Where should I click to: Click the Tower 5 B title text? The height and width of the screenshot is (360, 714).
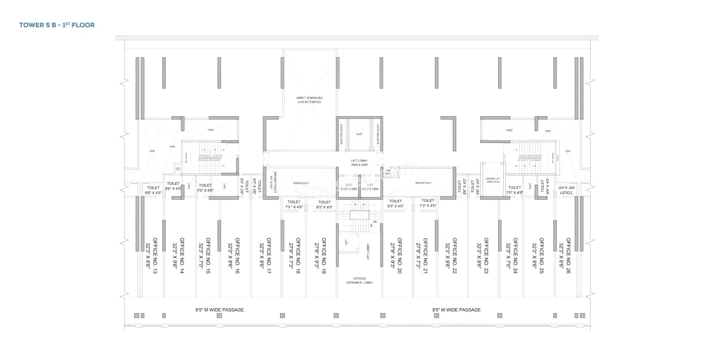(x=57, y=25)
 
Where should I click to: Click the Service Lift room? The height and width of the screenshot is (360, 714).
(x=493, y=180)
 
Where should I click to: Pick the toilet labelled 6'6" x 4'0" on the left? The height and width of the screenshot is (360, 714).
(x=153, y=190)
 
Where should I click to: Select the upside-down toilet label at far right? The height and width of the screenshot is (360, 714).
(x=566, y=190)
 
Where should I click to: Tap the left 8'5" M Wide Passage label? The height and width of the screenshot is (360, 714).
(x=219, y=310)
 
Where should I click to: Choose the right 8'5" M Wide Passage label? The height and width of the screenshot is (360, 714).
(x=456, y=310)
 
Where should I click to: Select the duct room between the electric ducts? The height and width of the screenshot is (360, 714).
(x=359, y=134)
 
